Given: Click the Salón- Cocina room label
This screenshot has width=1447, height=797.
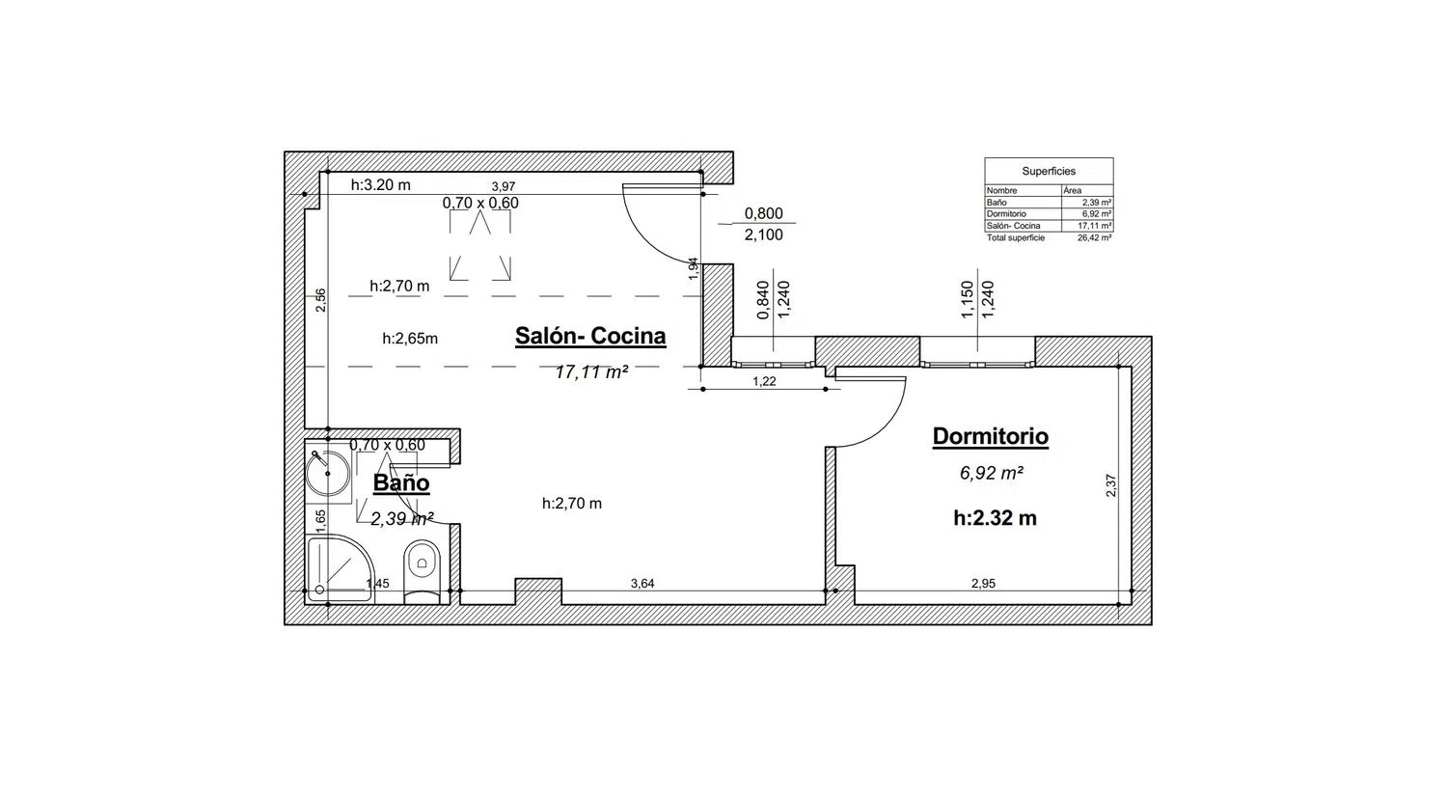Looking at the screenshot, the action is click(590, 336).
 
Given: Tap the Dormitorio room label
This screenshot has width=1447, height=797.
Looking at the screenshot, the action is click(991, 436).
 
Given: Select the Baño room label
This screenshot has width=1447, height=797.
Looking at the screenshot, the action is click(401, 482).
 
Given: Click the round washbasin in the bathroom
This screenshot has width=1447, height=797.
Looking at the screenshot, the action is click(328, 473).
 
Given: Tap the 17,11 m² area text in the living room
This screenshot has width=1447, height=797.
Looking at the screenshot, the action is click(591, 372).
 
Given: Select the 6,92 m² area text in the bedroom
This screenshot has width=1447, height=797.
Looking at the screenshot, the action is click(991, 473).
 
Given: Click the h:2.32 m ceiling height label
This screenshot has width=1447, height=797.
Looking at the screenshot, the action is click(995, 518).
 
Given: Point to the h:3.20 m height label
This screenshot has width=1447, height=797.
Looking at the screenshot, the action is click(380, 185).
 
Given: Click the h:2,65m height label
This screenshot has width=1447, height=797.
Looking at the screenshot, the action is click(410, 338).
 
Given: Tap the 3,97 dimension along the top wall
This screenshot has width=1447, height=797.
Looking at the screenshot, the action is click(504, 187).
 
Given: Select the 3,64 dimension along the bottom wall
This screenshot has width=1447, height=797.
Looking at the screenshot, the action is click(642, 584).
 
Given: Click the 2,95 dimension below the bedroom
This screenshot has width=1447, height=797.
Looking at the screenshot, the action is click(983, 584).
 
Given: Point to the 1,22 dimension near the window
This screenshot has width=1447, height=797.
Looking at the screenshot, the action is click(764, 381).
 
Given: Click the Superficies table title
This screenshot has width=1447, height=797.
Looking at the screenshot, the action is click(1049, 172).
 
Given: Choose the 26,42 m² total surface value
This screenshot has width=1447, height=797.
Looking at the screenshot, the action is click(1094, 238).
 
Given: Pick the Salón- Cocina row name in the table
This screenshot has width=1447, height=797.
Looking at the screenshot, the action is click(1014, 226).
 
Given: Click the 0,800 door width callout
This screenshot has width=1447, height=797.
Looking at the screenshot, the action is click(764, 213).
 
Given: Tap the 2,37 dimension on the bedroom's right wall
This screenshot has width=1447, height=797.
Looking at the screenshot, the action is click(1111, 485).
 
